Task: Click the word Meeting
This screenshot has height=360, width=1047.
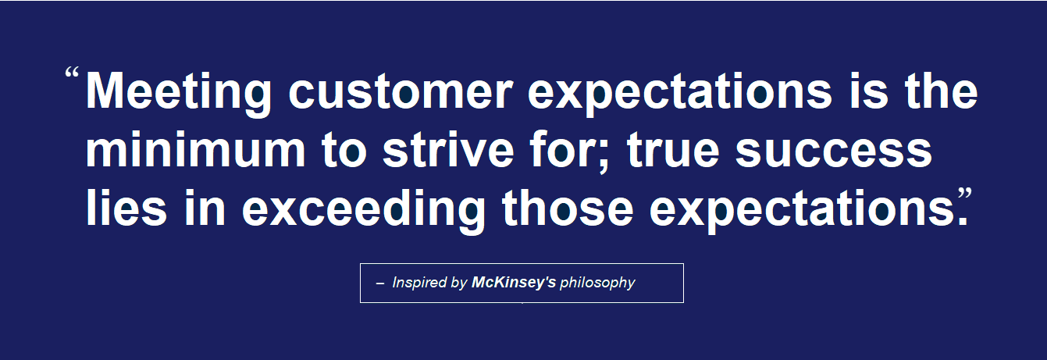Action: [179, 93]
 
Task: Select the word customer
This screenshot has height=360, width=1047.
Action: [401, 91]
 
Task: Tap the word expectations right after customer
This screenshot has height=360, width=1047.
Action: [679, 94]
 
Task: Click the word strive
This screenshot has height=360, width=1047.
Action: [448, 150]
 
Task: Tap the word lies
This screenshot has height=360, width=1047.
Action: [126, 208]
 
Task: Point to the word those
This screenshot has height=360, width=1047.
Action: [568, 208]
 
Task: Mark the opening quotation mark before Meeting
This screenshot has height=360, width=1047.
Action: [72, 73]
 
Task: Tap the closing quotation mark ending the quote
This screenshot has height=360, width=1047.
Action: [964, 194]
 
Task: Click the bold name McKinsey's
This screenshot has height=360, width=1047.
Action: [514, 283]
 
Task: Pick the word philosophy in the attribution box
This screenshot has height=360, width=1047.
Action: [597, 283]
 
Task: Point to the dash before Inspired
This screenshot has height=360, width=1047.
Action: [380, 283]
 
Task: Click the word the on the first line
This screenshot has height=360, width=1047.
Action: [941, 91]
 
